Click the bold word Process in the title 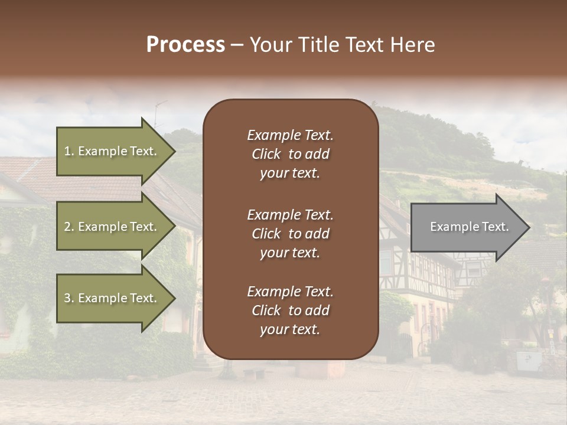point(185,45)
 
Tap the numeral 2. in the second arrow point(69,227)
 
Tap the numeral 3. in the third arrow point(69,298)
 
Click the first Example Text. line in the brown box point(290,135)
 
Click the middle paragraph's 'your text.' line point(290,253)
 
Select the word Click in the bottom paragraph point(266,310)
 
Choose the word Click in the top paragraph point(266,154)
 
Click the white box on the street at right point(528,360)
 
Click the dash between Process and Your point(237,45)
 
